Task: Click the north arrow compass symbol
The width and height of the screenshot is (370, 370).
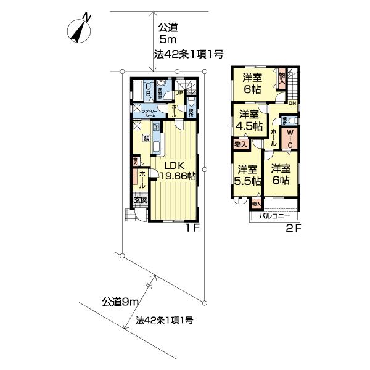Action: point(81,29)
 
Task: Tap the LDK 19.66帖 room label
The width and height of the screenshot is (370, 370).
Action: point(178,170)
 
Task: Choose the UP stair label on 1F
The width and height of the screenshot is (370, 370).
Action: point(178,93)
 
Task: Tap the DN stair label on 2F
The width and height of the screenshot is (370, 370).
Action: point(292,103)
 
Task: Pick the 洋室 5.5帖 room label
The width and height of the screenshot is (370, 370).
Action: point(247,175)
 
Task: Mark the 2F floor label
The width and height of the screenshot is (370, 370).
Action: point(293,228)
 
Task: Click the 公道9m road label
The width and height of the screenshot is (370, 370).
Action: point(119,302)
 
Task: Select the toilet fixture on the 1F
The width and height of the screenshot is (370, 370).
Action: point(191,101)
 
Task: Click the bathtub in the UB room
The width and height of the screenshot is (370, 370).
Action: point(138,91)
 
